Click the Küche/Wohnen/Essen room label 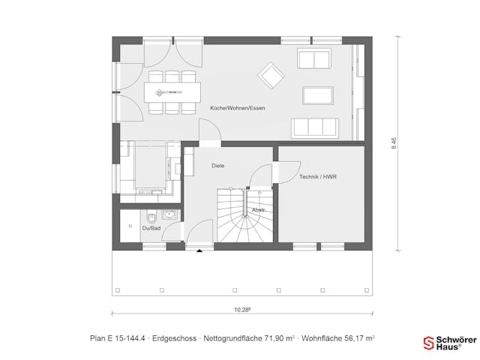(x=237, y=108)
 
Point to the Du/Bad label (x=151, y=227)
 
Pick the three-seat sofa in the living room (x=315, y=127)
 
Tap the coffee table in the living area (x=317, y=95)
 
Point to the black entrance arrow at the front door (x=199, y=251)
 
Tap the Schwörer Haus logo (x=451, y=343)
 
